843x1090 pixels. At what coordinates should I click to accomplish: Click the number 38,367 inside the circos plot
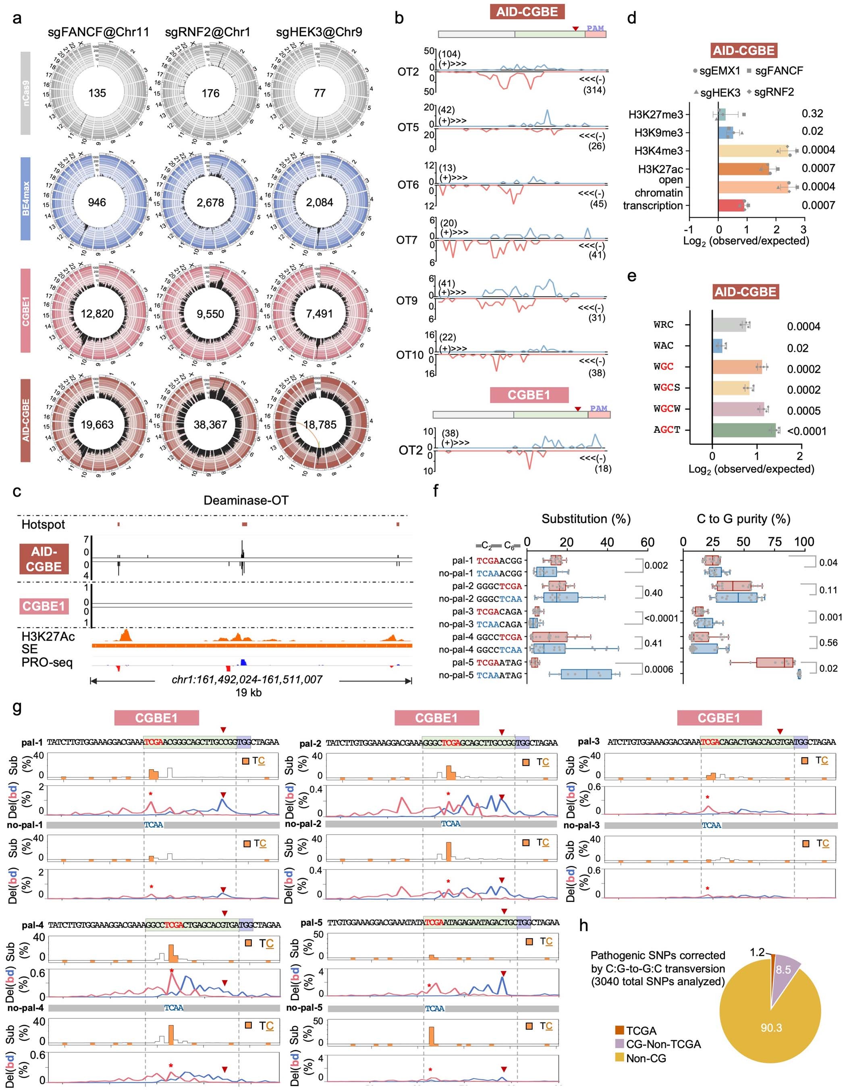pyautogui.click(x=210, y=425)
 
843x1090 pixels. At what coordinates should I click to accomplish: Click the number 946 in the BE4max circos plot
pyautogui.click(x=97, y=202)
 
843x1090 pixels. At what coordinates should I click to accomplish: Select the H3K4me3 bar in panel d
pyautogui.click(x=759, y=151)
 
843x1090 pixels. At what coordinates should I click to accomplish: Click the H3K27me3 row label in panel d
pyautogui.click(x=655, y=115)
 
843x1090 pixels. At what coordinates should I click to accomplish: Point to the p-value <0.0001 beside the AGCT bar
pyautogui.click(x=807, y=431)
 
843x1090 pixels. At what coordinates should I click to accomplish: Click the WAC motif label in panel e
pyautogui.click(x=663, y=345)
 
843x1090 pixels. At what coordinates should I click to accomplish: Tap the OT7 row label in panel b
pyautogui.click(x=407, y=241)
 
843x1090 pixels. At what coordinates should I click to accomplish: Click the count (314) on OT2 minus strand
pyautogui.click(x=594, y=90)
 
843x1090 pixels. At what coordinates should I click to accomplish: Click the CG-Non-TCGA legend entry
pyautogui.click(x=663, y=1044)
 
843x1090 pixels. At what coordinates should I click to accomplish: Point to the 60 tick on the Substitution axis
pyautogui.click(x=647, y=542)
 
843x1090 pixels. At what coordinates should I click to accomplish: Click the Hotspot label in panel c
pyautogui.click(x=43, y=525)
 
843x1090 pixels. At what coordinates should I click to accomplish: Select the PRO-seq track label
pyautogui.click(x=47, y=662)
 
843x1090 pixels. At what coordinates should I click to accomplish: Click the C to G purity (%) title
pyautogui.click(x=743, y=519)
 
